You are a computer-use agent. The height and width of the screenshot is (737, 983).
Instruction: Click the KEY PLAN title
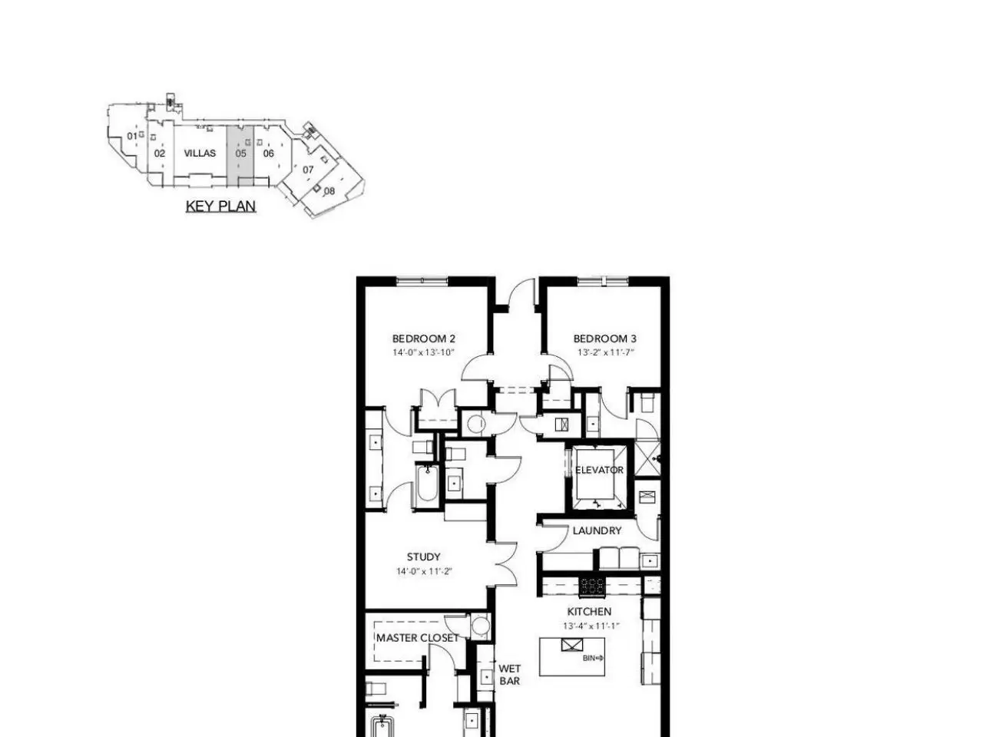tap(220, 207)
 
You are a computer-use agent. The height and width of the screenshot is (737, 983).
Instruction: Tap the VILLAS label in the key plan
tap(200, 153)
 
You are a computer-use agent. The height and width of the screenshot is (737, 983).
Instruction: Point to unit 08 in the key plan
tap(329, 191)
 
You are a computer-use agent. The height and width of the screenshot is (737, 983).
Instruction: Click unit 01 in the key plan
tap(132, 136)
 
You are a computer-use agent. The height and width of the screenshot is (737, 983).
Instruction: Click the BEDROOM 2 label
tap(423, 339)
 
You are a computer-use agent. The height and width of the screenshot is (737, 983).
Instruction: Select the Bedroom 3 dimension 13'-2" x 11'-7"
tap(605, 352)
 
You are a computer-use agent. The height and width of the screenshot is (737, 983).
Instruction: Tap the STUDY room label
tap(423, 557)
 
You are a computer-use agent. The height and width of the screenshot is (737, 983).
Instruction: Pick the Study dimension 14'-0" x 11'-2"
tap(424, 571)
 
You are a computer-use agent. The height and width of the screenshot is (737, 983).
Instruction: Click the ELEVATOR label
tap(599, 470)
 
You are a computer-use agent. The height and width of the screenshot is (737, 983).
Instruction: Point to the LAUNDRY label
tap(597, 530)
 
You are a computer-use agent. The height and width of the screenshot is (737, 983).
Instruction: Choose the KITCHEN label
tap(589, 612)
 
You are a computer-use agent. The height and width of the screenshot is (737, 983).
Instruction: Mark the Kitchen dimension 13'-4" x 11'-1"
tap(591, 626)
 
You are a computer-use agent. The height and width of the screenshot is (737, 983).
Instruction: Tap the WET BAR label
tap(509, 675)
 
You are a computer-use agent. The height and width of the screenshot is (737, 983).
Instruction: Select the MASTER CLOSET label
tap(417, 638)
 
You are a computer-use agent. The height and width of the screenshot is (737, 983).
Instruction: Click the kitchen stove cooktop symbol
tap(591, 587)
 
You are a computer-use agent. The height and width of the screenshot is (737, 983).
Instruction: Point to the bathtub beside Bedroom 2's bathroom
tap(427, 484)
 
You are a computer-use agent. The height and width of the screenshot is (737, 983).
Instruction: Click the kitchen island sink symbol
tap(572, 646)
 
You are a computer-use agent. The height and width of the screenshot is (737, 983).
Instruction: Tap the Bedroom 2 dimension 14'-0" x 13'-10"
tap(423, 352)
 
